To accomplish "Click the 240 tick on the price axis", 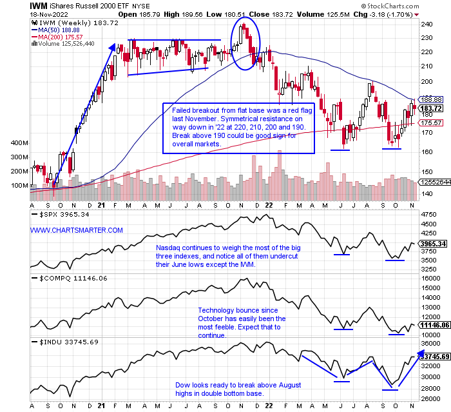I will [x=425, y=25].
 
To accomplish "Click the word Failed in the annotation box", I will [x=182, y=111].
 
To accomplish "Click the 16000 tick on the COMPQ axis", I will [x=430, y=278].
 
